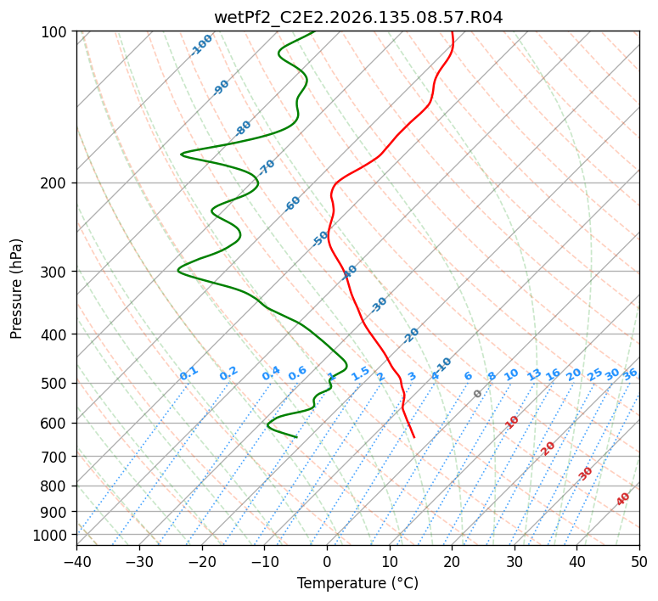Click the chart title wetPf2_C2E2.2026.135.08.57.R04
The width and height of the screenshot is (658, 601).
click(x=358, y=18)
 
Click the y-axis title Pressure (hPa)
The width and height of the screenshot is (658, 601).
click(x=15, y=289)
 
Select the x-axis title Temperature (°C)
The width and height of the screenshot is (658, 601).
click(x=358, y=583)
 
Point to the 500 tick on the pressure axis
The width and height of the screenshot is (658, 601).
click(x=59, y=384)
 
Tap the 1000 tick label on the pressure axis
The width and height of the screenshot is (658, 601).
click(x=55, y=536)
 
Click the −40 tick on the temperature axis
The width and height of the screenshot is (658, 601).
click(x=76, y=561)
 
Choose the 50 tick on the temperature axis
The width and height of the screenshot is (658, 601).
click(x=639, y=561)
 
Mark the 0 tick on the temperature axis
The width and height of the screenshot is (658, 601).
click(x=328, y=561)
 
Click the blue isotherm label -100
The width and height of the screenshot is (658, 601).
click(x=201, y=45)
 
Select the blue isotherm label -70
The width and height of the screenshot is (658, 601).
click(x=267, y=167)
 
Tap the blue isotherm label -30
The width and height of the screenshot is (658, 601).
click(x=379, y=305)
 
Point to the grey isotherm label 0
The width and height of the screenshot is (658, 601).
click(x=477, y=394)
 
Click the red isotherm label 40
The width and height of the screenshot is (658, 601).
click(x=622, y=499)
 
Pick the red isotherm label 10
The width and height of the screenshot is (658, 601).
click(x=512, y=422)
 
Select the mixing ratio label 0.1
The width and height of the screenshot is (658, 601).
click(x=188, y=374)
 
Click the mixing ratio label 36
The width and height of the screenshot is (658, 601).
click(x=630, y=374)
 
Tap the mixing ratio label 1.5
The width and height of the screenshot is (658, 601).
click(x=360, y=374)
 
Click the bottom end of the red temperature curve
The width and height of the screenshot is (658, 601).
click(x=414, y=438)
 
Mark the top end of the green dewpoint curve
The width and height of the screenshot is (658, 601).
click(x=314, y=32)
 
